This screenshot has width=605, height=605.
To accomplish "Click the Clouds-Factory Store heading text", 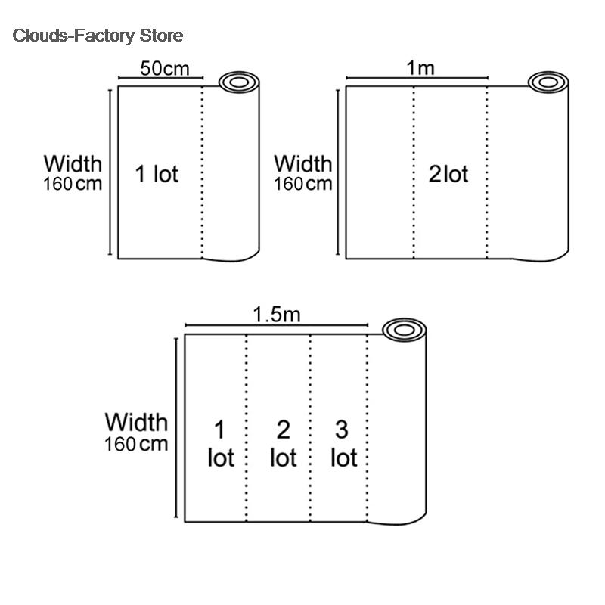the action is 98,36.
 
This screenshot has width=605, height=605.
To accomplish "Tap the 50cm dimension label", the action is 165,69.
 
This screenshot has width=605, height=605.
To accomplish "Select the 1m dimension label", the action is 420,68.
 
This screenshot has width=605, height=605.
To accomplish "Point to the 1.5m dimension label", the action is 277,315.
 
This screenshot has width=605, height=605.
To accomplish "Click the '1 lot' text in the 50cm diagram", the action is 157,174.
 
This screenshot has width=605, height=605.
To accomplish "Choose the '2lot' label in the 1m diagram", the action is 448,174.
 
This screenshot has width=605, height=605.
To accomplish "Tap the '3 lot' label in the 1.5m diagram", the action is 344,444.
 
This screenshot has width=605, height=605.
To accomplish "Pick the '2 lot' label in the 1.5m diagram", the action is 283,444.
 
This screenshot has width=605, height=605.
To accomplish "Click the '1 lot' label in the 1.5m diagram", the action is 221,444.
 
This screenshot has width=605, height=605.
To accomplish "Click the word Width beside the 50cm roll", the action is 73,163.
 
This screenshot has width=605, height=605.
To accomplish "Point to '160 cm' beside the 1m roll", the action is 303,184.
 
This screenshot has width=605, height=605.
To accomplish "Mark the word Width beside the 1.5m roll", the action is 136,422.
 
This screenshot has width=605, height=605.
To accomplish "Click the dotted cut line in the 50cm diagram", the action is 202,172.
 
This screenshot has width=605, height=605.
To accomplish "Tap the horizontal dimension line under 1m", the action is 417,78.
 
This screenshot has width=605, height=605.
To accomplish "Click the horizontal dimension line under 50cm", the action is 160,78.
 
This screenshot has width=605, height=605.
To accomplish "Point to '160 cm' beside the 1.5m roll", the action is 136,444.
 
